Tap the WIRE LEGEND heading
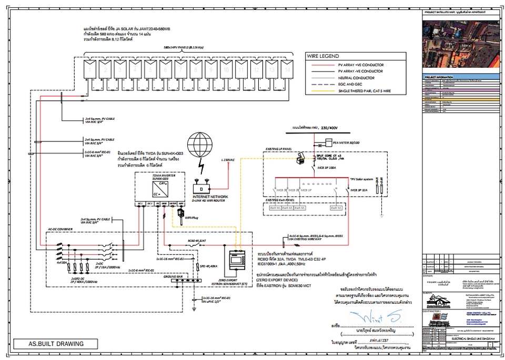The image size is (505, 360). tap(324, 56)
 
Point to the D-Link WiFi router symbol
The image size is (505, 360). tap(202, 187)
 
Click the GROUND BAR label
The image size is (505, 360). tap(171, 276)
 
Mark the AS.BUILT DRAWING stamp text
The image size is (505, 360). tap(56, 344)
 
